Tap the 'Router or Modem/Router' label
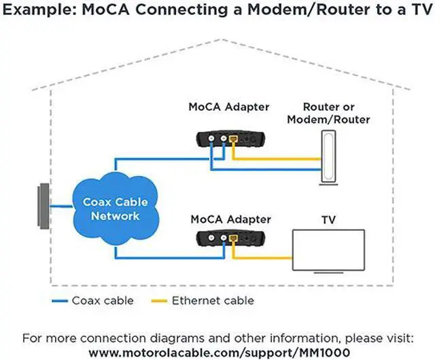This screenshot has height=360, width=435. tap(328, 113)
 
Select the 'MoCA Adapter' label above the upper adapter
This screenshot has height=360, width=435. tap(229, 107)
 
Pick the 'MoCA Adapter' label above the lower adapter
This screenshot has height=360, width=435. tap(229, 220)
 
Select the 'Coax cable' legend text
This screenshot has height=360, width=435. tap(102, 300)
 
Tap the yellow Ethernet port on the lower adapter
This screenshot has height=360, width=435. tap(232, 238)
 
